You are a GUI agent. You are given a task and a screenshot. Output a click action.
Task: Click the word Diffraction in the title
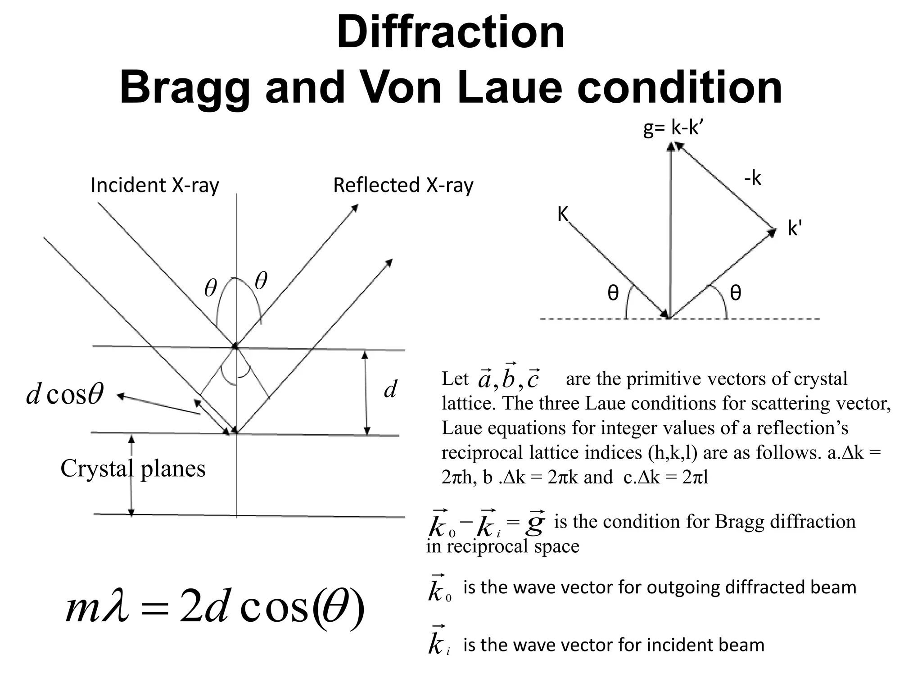pyautogui.click(x=451, y=32)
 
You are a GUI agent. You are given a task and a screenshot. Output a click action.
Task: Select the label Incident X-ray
pyautogui.click(x=155, y=185)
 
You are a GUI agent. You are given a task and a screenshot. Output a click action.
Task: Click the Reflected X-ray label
pyautogui.click(x=403, y=185)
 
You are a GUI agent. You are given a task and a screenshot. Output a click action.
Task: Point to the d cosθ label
pyautogui.click(x=65, y=393)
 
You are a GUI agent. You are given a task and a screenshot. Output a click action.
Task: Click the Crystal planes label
pyautogui.click(x=133, y=469)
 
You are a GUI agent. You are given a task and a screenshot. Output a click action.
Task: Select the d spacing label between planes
pyautogui.click(x=390, y=389)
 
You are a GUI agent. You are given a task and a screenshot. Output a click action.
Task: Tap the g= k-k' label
pyautogui.click(x=673, y=128)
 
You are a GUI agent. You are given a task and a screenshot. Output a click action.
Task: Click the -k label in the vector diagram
pyautogui.click(x=752, y=178)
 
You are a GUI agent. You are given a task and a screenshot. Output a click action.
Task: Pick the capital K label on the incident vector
pyautogui.click(x=563, y=214)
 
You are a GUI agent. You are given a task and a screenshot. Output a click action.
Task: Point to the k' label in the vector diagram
pyautogui.click(x=795, y=229)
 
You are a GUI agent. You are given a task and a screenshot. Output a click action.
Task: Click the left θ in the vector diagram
pyautogui.click(x=613, y=293)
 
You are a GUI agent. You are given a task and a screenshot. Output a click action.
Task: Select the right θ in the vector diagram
pyautogui.click(x=735, y=293)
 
